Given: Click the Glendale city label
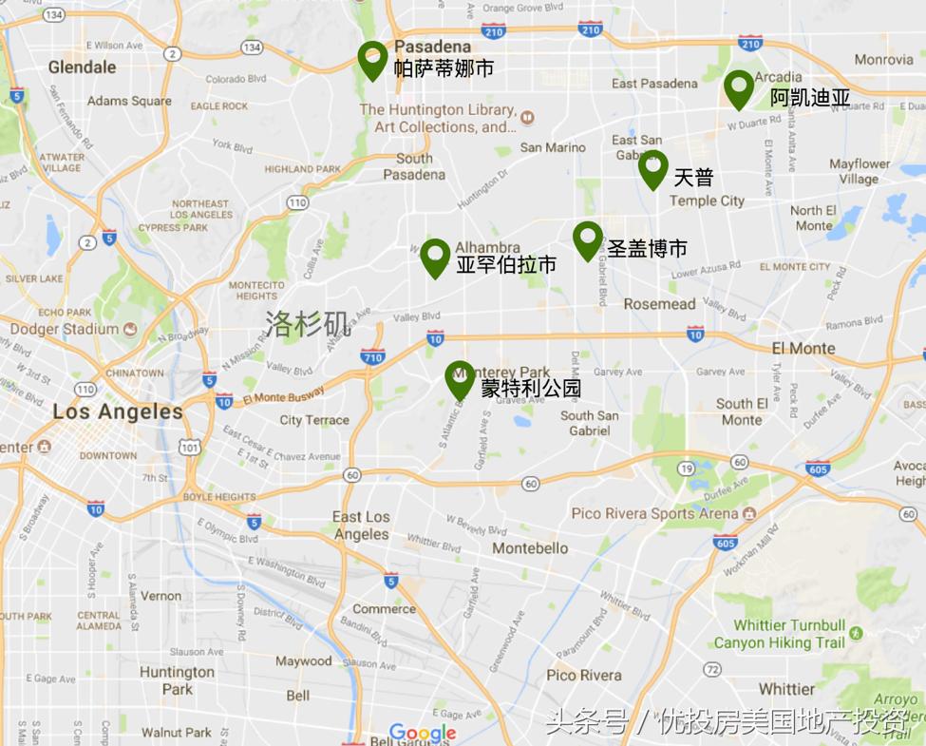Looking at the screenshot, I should (82, 67).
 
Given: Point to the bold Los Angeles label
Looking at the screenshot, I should (118, 411).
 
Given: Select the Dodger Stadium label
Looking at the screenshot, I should (64, 329).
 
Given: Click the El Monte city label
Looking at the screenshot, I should (803, 348).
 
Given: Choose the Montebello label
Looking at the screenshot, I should (530, 548).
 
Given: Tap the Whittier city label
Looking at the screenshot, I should (786, 688).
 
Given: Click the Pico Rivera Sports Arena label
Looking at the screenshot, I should (655, 513).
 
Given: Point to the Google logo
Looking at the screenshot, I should (423, 733).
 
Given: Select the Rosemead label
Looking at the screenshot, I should (659, 304).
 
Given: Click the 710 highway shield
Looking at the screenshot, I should (373, 357).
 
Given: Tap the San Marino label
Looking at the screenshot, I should (553, 147).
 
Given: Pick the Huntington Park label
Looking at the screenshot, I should (177, 679).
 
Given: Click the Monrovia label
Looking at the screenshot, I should (883, 59).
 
